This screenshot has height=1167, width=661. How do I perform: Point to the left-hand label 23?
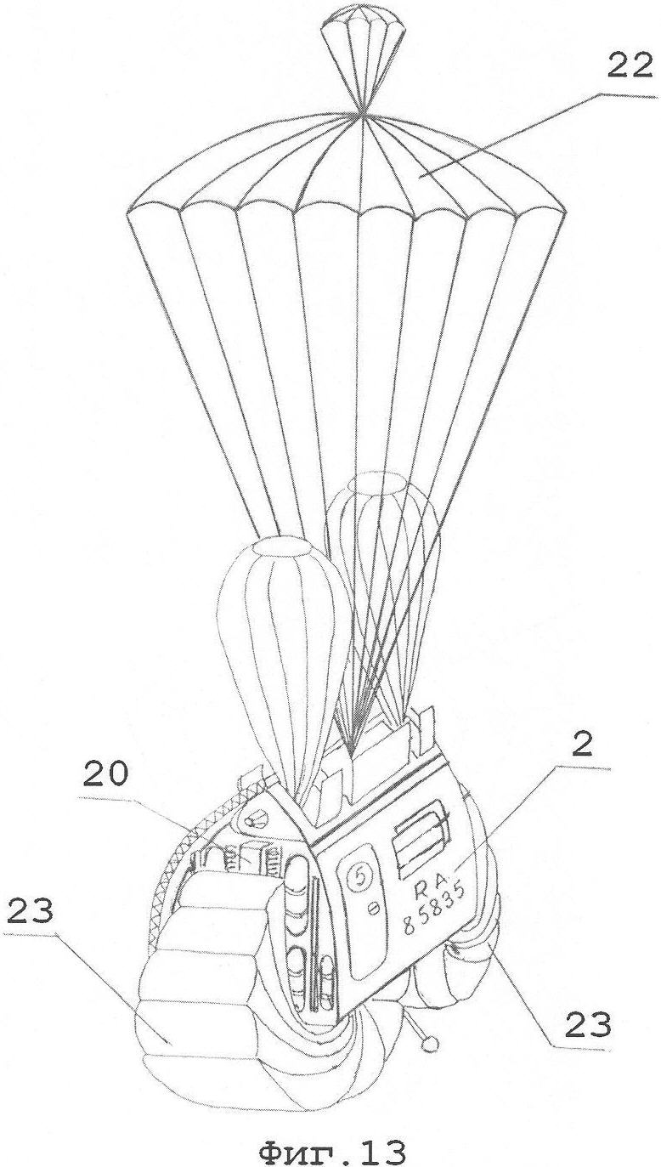tap(31, 911)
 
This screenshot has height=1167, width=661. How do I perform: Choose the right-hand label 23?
tap(587, 1026)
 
